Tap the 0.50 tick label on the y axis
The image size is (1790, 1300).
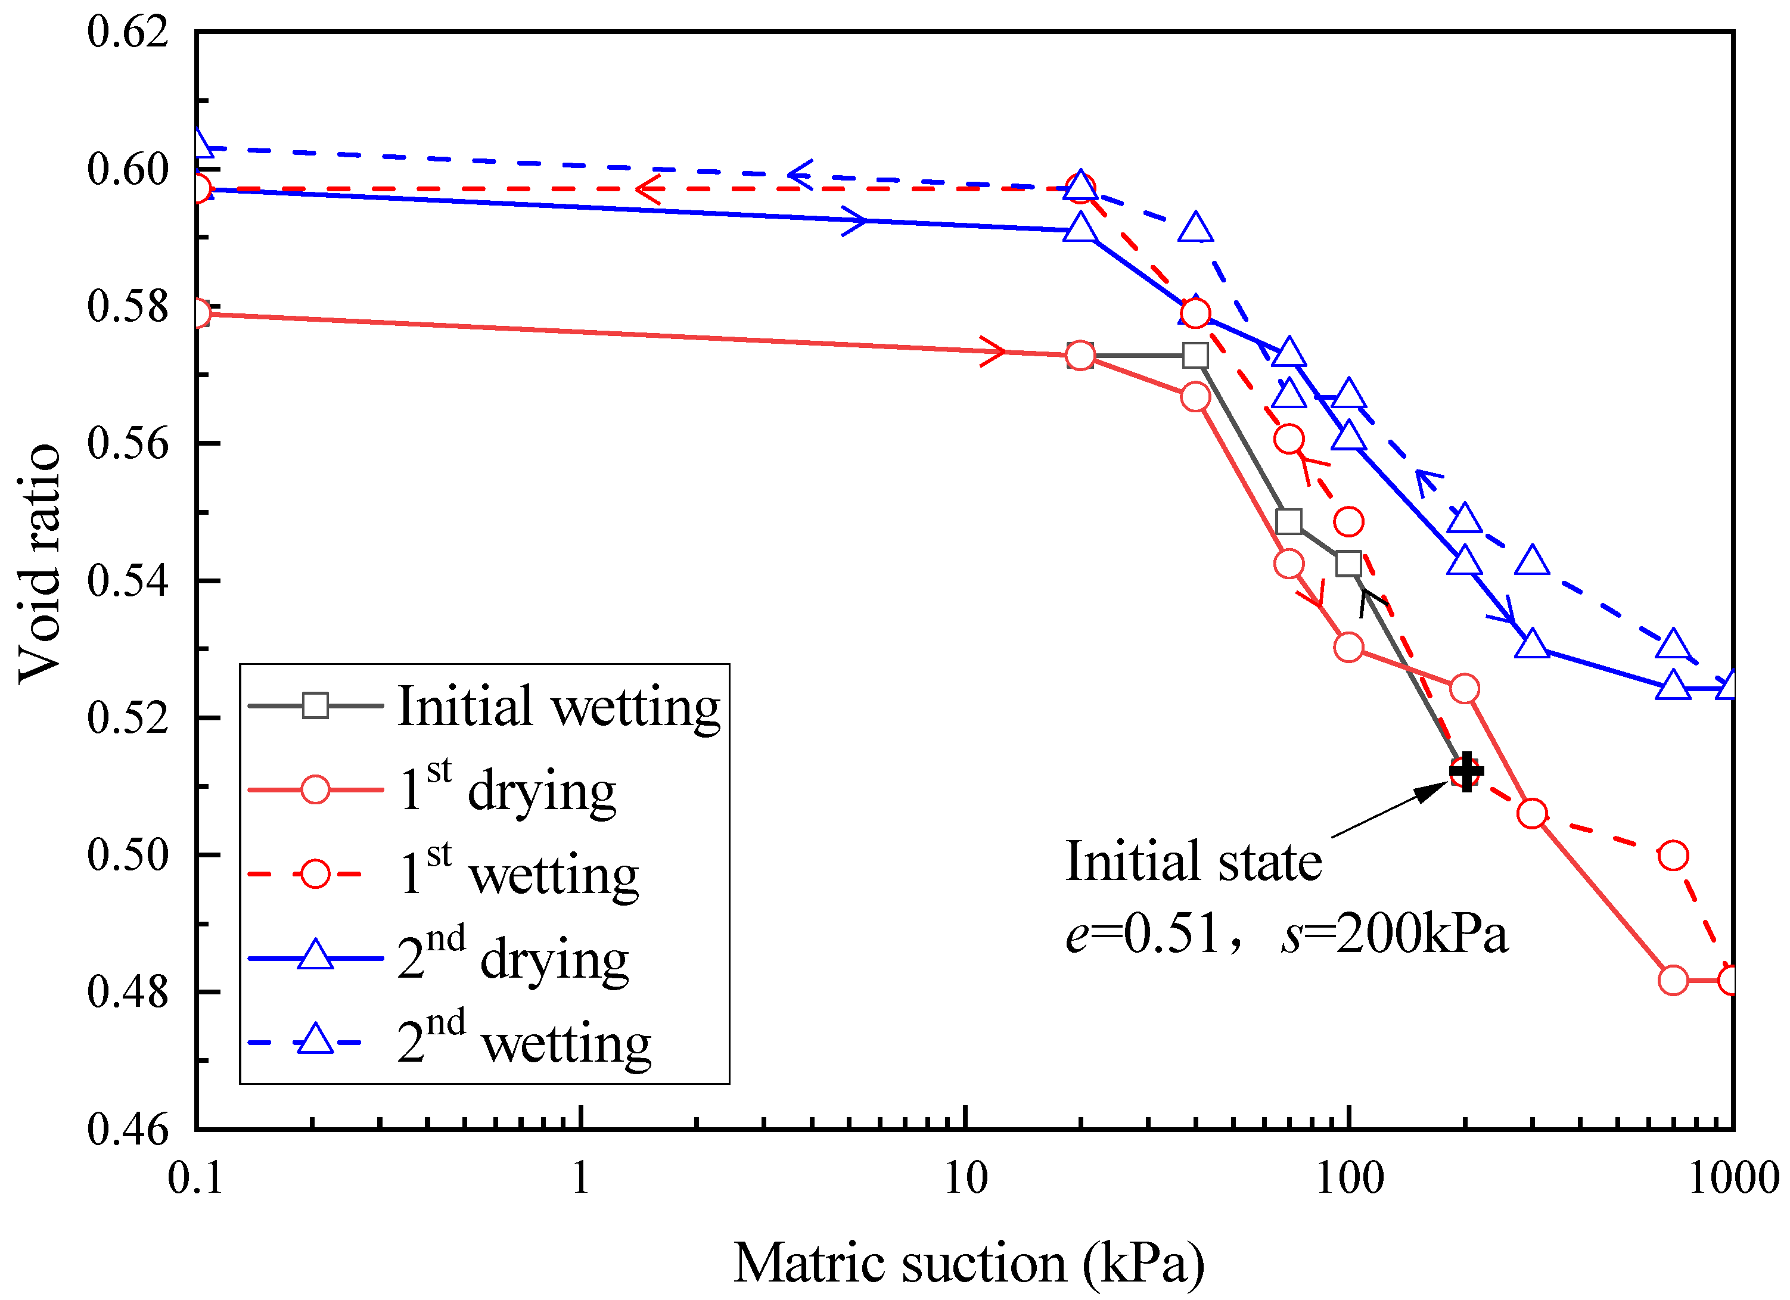coord(128,855)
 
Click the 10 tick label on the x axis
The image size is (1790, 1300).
coord(965,1179)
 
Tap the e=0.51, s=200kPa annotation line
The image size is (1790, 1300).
coord(1286,934)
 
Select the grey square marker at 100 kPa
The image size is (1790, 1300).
coord(1349,564)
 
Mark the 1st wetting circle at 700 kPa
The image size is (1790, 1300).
coord(1673,856)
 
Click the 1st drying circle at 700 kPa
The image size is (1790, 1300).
coord(1673,980)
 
